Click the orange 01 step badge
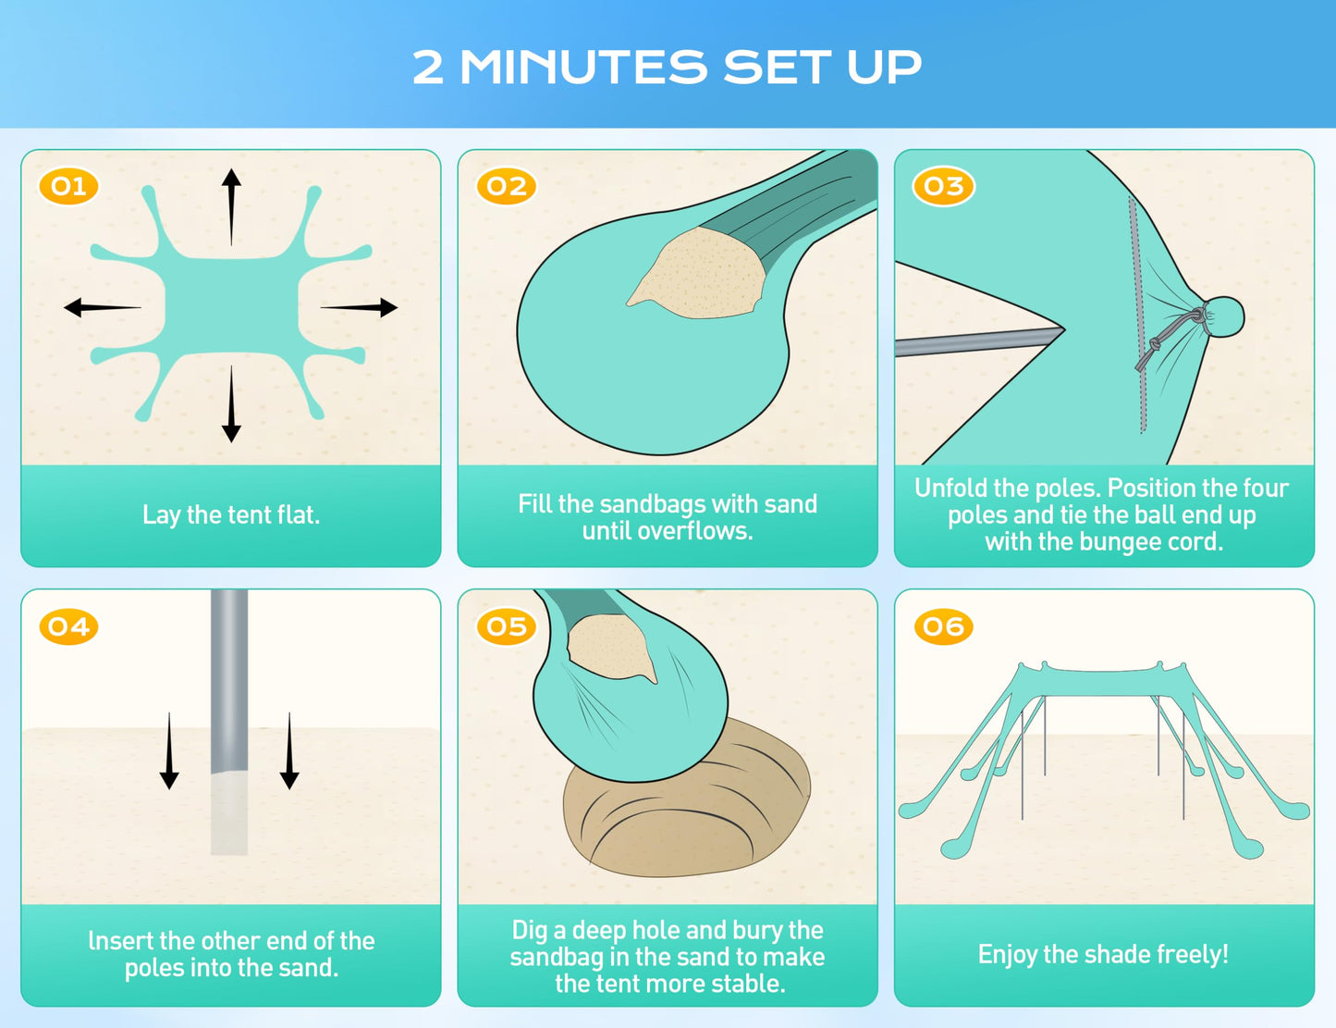point(68,186)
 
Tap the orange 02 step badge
point(507,186)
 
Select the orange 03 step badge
point(944,186)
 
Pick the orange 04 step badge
point(68,626)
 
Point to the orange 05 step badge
point(507,626)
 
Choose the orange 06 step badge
point(944,626)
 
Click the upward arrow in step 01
point(231,206)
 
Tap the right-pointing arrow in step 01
point(359,307)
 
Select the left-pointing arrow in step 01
point(103,307)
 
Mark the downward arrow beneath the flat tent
point(231,404)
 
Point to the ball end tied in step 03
point(1224,316)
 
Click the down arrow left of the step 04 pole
point(169,751)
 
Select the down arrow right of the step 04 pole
point(289,751)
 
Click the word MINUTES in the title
point(584,67)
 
